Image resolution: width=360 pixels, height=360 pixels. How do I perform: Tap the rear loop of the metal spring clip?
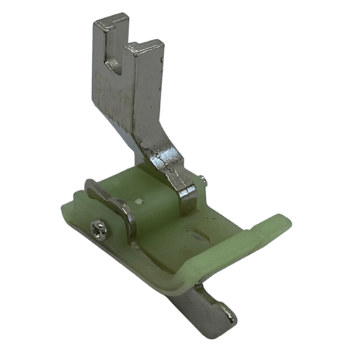91,189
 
